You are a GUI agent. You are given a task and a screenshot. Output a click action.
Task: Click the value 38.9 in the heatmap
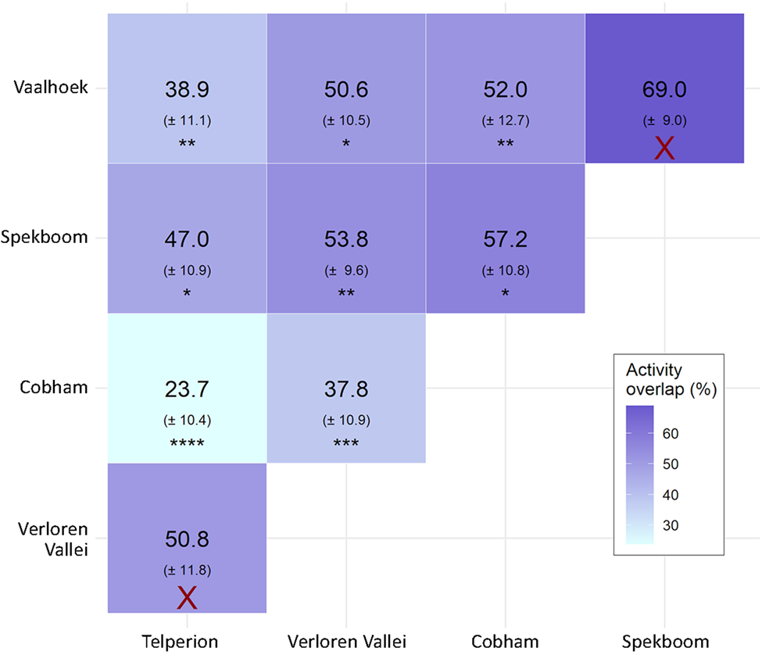(186, 91)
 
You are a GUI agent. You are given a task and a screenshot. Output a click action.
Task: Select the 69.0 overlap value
(664, 91)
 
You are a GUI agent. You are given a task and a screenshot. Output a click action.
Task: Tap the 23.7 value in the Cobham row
(186, 389)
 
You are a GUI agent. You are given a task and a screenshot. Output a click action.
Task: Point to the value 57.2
(505, 240)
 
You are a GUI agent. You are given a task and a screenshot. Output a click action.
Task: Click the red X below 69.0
(664, 148)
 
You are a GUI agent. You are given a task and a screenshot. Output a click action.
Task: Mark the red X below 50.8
(186, 598)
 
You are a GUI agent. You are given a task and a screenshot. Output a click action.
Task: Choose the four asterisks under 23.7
(186, 445)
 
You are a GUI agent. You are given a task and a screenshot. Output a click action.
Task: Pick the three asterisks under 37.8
(345, 445)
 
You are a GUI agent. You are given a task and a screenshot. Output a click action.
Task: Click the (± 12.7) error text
(505, 120)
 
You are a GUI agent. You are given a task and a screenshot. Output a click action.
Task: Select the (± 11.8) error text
(186, 570)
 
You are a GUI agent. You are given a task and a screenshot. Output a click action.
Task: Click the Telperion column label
(186, 642)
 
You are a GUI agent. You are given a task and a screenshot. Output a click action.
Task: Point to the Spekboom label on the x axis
(664, 642)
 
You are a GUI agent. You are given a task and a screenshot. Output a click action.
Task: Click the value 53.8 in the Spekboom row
(345, 240)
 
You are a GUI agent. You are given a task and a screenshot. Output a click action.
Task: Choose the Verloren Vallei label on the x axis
(345, 642)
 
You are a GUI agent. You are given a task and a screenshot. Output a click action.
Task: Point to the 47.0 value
(186, 240)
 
